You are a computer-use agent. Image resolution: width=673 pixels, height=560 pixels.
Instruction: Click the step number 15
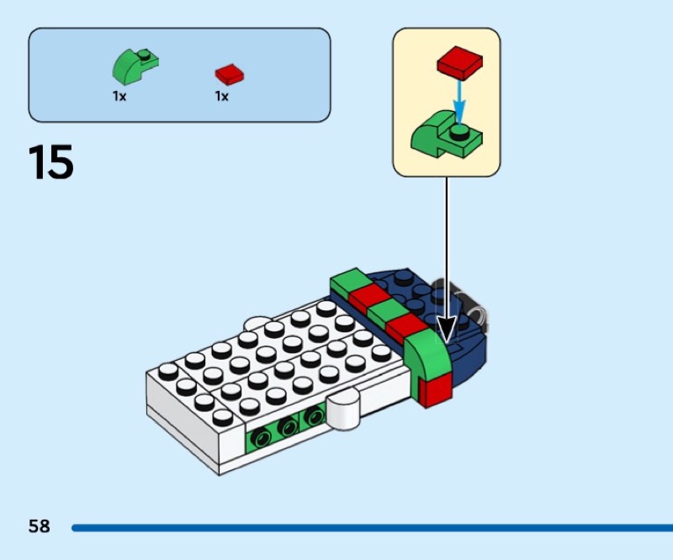click(x=51, y=162)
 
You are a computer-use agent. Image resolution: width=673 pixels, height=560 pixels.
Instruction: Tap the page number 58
click(x=40, y=527)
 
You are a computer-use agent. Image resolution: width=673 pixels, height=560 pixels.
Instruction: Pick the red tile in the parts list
click(x=229, y=73)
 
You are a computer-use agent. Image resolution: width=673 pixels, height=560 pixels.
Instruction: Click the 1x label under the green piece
click(x=119, y=97)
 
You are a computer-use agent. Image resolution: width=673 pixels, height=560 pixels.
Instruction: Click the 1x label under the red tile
click(x=221, y=97)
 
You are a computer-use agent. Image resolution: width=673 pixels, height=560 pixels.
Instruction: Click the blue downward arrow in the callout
click(x=458, y=101)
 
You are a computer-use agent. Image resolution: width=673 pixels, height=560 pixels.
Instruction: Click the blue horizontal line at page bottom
click(x=370, y=528)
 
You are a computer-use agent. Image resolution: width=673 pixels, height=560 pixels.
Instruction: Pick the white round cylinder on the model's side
click(x=342, y=413)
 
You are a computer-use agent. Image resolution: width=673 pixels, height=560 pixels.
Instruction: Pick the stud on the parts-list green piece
click(x=146, y=56)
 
